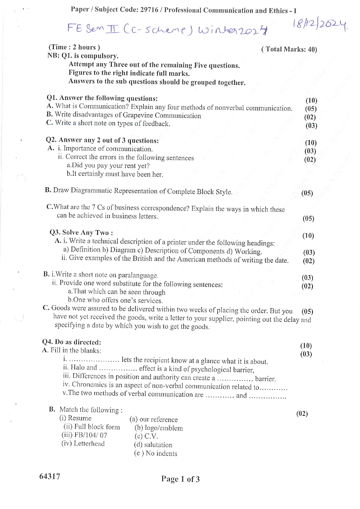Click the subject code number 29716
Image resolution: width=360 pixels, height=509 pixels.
pyautogui.click(x=149, y=10)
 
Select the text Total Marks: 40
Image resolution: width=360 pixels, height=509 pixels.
pyautogui.click(x=289, y=49)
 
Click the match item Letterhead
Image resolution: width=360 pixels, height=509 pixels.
pyautogui.click(x=89, y=443)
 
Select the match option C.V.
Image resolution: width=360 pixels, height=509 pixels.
pyautogui.click(x=151, y=436)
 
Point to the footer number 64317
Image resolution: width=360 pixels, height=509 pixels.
pyautogui.click(x=50, y=476)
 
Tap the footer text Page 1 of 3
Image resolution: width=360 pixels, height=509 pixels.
pyautogui.click(x=180, y=479)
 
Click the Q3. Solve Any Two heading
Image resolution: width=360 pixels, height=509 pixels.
pyautogui.click(x=81, y=233)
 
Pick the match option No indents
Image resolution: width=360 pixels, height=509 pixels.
pyautogui.click(x=161, y=453)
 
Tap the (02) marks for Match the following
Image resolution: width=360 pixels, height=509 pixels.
pyautogui.click(x=302, y=413)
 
